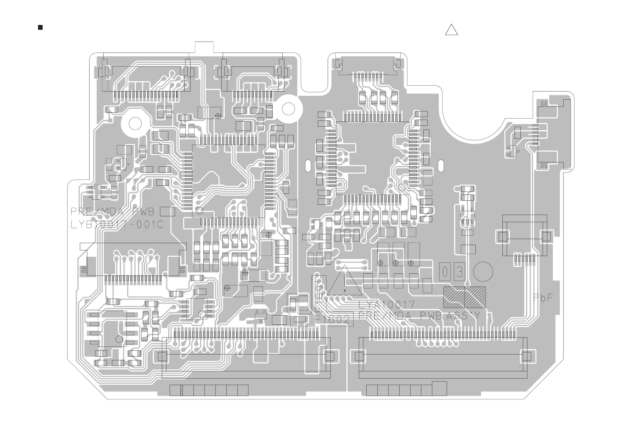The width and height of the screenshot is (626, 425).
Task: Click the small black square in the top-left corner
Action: click(x=40, y=27)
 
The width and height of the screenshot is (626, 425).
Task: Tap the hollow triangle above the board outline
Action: click(x=451, y=31)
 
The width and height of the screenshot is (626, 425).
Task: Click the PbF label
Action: click(x=543, y=298)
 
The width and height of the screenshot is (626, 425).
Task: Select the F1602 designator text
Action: click(x=333, y=320)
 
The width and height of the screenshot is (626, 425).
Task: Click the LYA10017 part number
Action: click(x=386, y=305)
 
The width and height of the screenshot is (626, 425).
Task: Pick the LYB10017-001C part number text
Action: click(x=117, y=225)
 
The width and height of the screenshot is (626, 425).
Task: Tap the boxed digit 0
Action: click(x=445, y=272)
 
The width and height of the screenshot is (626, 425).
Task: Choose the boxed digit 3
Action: click(x=460, y=272)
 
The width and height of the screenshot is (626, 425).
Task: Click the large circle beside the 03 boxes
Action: click(x=483, y=272)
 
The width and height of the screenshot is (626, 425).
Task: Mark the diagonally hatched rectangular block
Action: click(x=464, y=297)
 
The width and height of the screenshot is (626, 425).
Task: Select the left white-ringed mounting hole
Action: click(x=135, y=123)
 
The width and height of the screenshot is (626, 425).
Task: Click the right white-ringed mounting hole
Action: click(x=288, y=109)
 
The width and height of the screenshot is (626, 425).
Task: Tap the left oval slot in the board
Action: click(x=308, y=166)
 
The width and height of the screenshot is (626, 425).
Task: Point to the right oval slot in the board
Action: click(x=441, y=166)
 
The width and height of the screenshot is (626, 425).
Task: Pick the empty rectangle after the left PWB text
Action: click(x=167, y=212)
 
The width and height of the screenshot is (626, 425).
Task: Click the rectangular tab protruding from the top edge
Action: click(x=204, y=47)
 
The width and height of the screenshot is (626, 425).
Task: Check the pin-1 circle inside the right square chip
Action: click(x=402, y=187)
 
